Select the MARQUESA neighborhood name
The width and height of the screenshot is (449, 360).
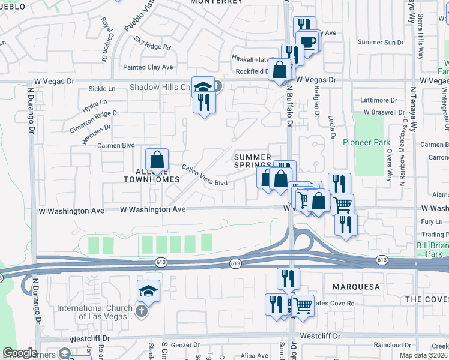tap(355, 287)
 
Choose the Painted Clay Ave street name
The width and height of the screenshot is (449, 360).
tap(148, 67)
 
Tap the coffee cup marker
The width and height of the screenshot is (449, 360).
tap(308, 42)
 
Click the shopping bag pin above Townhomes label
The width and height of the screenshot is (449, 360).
tap(156, 160)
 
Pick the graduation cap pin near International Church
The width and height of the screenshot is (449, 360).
tap(148, 292)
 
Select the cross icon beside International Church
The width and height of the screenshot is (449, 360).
tap(140, 311)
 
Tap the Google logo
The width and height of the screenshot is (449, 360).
tap(20, 353)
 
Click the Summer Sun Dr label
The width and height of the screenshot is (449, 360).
tap(381, 43)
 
